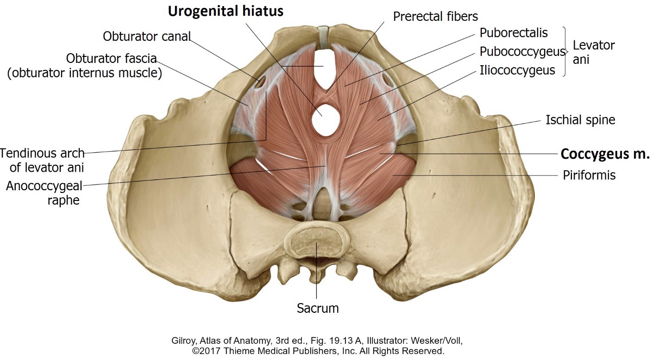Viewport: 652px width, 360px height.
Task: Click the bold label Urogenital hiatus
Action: pyautogui.click(x=225, y=11)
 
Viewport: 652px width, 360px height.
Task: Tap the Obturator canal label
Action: pyautogui.click(x=147, y=36)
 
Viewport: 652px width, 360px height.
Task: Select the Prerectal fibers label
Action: pyautogui.click(x=435, y=17)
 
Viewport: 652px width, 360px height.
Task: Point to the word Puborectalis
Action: pyautogui.click(x=514, y=33)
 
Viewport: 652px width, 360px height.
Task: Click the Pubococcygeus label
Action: pyautogui.click(x=522, y=51)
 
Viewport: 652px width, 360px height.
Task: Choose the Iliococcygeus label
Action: pyautogui.click(x=517, y=70)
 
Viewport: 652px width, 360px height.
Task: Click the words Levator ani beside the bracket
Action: pyautogui.click(x=594, y=52)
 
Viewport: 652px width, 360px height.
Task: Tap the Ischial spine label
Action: pyautogui.click(x=580, y=120)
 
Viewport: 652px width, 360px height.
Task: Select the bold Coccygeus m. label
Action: pyautogui.click(x=605, y=154)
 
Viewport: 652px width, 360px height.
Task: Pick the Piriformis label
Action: pyautogui.click(x=589, y=175)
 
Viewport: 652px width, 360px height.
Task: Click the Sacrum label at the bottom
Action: pyautogui.click(x=318, y=308)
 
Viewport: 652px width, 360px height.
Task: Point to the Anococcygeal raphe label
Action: pyautogui.click(x=44, y=193)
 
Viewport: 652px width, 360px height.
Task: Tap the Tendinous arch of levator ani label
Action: pyautogui.click(x=42, y=160)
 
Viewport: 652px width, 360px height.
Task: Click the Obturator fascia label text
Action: pyautogui.click(x=111, y=59)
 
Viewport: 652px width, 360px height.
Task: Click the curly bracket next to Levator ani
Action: pyautogui.click(x=565, y=51)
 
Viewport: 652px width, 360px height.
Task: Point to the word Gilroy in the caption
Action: pyautogui.click(x=184, y=341)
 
